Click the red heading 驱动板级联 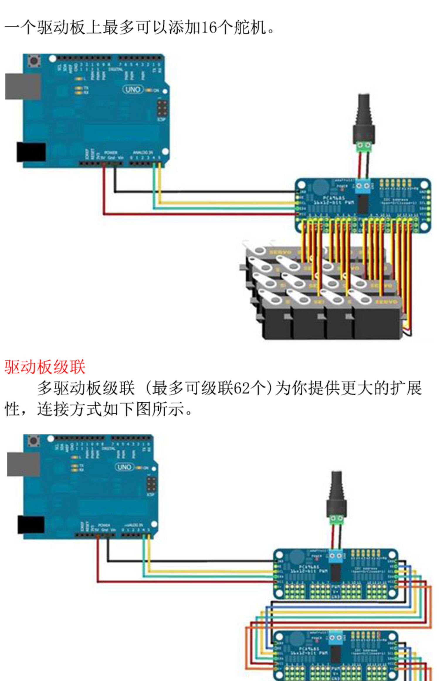[45, 367]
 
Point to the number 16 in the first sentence [209, 28]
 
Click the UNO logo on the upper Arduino [133, 89]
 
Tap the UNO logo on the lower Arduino [124, 467]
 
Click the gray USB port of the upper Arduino [22, 87]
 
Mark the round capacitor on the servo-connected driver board [320, 188]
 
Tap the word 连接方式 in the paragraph [69, 409]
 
